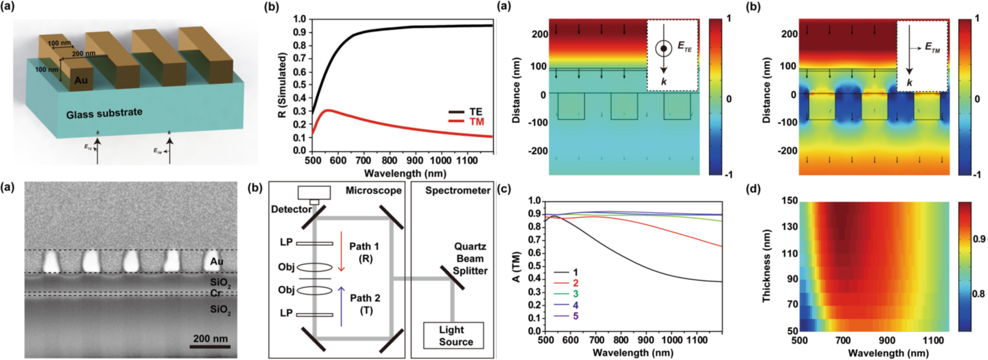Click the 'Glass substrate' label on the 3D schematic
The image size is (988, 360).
tap(104, 112)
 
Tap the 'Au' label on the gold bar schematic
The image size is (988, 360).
tap(81, 80)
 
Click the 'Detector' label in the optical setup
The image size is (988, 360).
tap(292, 209)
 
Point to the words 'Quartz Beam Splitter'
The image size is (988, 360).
tap(470, 259)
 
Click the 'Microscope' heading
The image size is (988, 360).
tap(374, 190)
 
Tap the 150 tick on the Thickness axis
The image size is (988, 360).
tap(790, 202)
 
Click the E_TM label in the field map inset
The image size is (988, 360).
tap(933, 49)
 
